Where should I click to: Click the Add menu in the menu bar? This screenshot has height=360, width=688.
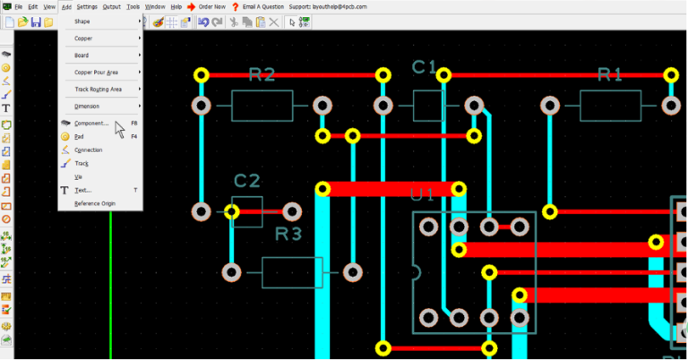[66, 6]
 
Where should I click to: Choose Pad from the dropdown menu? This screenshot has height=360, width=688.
[80, 136]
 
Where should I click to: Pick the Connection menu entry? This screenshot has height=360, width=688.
[88, 150]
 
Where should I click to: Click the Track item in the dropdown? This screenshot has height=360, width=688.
[82, 163]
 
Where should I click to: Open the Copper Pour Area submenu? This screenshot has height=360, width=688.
[96, 72]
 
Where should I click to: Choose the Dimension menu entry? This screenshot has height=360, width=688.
[87, 106]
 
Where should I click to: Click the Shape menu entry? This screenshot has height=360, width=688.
[82, 21]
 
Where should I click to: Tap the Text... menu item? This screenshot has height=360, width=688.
[82, 190]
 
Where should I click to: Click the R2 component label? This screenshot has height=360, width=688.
[262, 74]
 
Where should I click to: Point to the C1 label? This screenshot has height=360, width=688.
[424, 66]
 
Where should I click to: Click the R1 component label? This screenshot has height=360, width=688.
[609, 74]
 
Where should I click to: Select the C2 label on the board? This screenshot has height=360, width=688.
[246, 181]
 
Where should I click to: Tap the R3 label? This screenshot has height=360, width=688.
[288, 235]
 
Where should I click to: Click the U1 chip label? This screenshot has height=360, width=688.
[422, 194]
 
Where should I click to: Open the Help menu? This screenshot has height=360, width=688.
[176, 6]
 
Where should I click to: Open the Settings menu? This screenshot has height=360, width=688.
[87, 6]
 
